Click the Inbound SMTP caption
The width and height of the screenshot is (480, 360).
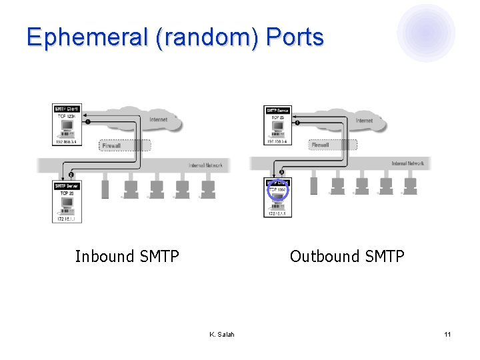(x=127, y=257)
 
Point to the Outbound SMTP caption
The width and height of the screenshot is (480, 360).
(x=347, y=257)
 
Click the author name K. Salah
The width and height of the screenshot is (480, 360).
(x=222, y=334)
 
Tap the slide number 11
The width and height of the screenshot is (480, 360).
(x=448, y=334)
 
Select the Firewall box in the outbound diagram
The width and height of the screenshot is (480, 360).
(x=321, y=145)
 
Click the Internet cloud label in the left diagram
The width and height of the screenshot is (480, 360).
(x=159, y=120)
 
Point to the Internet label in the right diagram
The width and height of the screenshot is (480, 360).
(x=365, y=121)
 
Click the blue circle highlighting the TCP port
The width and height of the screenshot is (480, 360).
(x=277, y=190)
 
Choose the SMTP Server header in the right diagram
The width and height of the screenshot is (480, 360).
(x=277, y=111)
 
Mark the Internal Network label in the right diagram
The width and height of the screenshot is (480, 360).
(x=407, y=163)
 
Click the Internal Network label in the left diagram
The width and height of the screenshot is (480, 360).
(x=205, y=165)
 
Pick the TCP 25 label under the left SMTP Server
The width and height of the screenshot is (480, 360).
(x=67, y=193)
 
